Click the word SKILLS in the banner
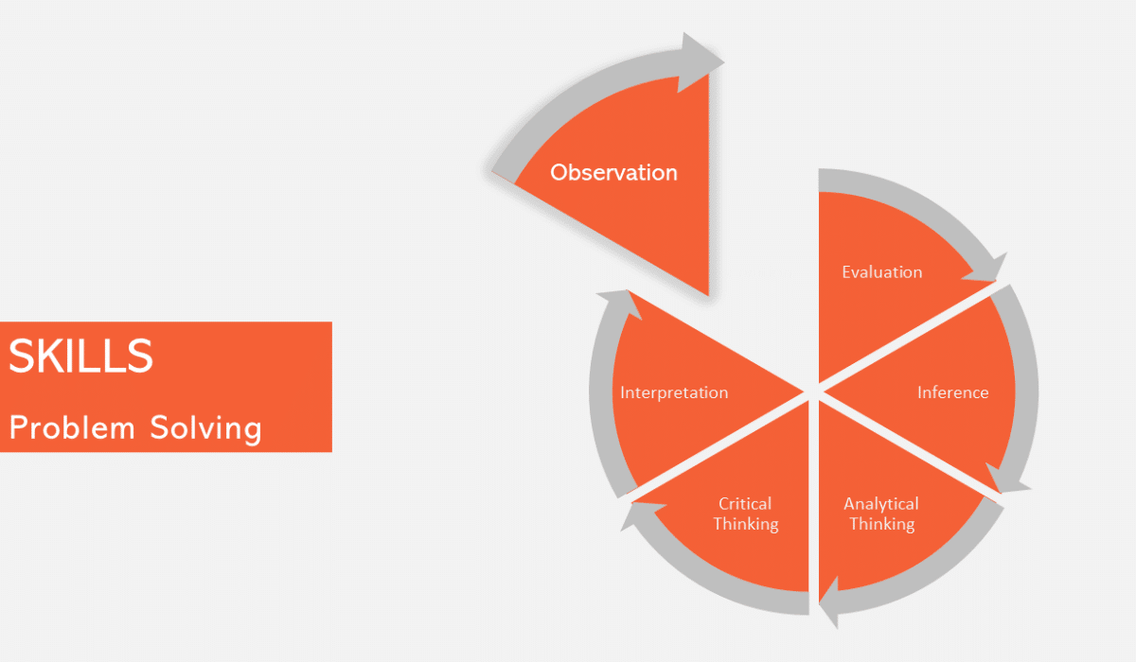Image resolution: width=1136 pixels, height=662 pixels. [x=80, y=357]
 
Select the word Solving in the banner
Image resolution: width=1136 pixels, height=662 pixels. [x=205, y=429]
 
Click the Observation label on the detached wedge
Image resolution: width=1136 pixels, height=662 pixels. [x=613, y=173]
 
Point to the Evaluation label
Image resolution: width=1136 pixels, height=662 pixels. [x=881, y=272]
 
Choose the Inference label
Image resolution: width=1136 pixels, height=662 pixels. [x=952, y=392]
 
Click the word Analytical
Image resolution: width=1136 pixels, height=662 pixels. [x=880, y=504]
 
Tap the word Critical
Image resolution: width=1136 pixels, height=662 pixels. [x=745, y=504]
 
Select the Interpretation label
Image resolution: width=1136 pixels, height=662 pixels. [x=674, y=392]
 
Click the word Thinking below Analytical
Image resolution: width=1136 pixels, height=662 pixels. [x=881, y=524]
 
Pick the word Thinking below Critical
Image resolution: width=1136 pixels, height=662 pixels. [x=746, y=524]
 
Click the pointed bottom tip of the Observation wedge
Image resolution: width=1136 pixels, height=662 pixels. [x=707, y=292]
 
